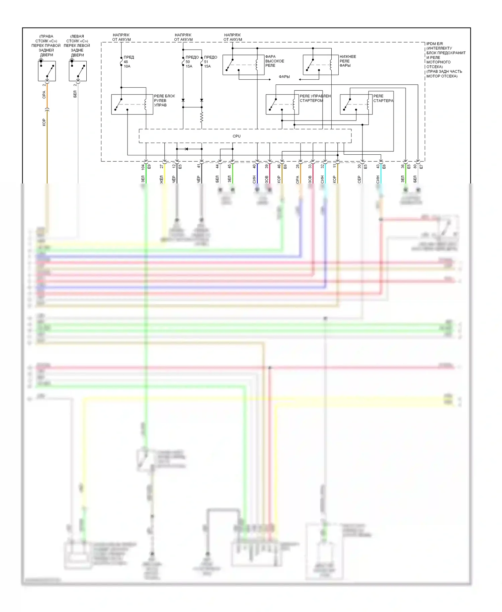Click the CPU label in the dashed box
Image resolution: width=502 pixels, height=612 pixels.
(236, 136)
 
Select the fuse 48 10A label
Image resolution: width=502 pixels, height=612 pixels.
(129, 62)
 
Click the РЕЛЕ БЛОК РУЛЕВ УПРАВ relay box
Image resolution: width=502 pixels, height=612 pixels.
(132, 104)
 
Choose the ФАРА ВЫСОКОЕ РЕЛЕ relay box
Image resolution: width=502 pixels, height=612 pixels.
(243, 65)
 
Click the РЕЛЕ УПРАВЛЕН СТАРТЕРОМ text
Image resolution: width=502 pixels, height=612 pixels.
(315, 98)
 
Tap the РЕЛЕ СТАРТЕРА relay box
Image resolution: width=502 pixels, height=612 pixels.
(356, 104)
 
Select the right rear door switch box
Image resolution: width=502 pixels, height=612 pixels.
(47, 71)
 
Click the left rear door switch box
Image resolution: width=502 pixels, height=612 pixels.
(78, 71)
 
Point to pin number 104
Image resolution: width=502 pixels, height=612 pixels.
(143, 166)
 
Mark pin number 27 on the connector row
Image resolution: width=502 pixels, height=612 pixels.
(162, 166)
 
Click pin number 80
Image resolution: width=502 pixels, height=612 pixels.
(415, 166)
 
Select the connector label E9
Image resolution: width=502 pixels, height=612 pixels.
(149, 166)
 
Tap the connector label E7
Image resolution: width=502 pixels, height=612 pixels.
(421, 166)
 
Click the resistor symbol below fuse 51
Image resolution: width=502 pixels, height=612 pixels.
(201, 118)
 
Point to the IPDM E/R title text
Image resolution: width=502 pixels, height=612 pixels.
(435, 44)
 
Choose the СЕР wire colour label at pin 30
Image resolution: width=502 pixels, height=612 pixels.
(359, 179)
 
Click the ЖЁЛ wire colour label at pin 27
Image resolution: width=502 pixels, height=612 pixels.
(162, 179)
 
